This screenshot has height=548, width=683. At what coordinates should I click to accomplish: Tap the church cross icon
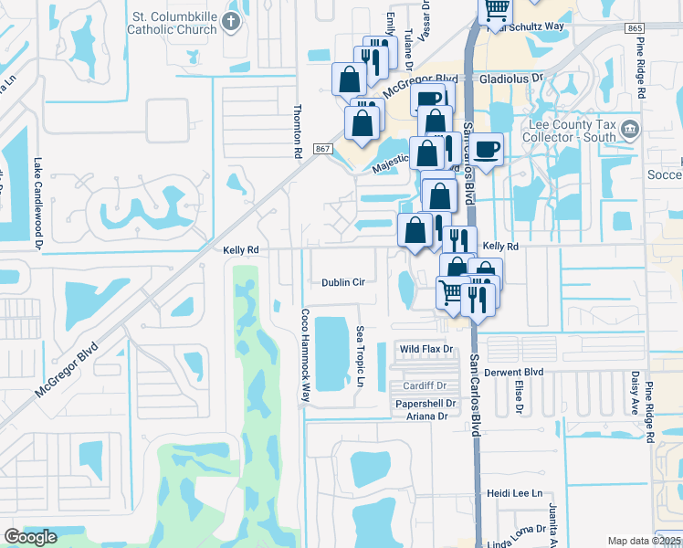pyautogui.click(x=233, y=22)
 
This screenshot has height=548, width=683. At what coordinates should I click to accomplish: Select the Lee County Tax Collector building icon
pyautogui.click(x=629, y=129)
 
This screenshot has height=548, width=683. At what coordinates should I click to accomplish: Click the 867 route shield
pyautogui.click(x=321, y=148)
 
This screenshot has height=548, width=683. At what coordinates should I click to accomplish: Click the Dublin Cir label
pyautogui.click(x=343, y=283)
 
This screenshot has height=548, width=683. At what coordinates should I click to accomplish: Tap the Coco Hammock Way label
pyautogui.click(x=306, y=354)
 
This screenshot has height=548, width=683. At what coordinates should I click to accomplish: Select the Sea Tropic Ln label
pyautogui.click(x=361, y=355)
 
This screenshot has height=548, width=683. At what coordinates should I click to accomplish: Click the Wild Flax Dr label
pyautogui.click(x=426, y=349)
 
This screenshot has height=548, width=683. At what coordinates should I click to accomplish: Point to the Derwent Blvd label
pyautogui.click(x=519, y=373)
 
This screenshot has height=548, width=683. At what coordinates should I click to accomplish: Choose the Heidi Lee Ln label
pyautogui.click(x=515, y=493)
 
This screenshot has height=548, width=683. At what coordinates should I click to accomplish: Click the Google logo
pyautogui.click(x=30, y=537)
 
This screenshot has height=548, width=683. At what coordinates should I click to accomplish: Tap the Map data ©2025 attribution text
pyautogui.click(x=644, y=541)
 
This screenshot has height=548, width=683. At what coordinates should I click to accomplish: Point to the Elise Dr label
pyautogui.click(x=518, y=396)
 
